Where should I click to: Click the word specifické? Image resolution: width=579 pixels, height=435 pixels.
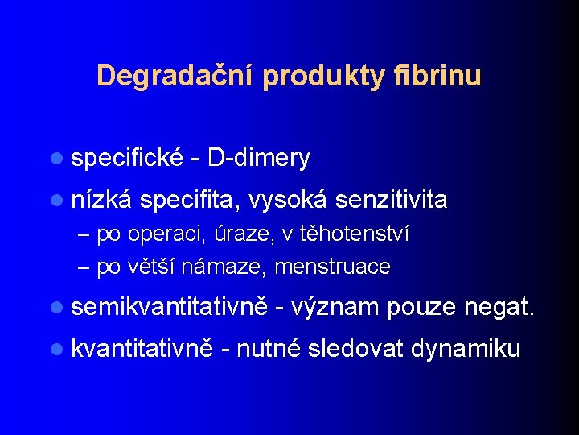tap(128, 159)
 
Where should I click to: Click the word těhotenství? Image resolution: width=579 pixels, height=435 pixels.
tap(355, 234)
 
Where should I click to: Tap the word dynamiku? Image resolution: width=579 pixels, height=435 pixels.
tap(466, 349)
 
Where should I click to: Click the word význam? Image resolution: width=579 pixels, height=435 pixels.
tap(335, 307)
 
